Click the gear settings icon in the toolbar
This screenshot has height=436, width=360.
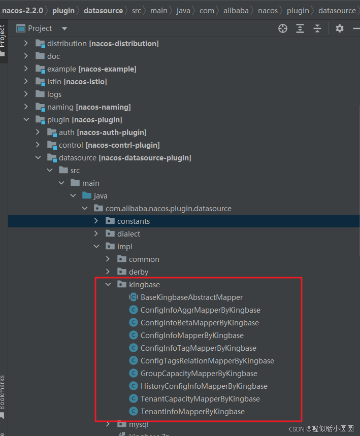[x=339, y=28]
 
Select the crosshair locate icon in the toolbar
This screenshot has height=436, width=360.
[x=283, y=28]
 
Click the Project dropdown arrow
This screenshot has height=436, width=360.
[x=64, y=28]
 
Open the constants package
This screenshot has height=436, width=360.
[x=134, y=221]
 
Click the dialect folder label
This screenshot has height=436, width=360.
[x=128, y=234]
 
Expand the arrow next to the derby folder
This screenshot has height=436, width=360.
[x=108, y=272]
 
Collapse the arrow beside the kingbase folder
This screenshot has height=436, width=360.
[x=108, y=284]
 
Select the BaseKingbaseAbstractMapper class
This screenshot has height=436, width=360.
[x=191, y=297]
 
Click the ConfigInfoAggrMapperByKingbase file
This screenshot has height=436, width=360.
[x=200, y=310]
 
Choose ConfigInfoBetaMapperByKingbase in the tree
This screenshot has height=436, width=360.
[x=200, y=322]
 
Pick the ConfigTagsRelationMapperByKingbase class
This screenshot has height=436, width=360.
[x=207, y=361]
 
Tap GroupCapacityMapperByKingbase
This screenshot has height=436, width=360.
[x=199, y=374]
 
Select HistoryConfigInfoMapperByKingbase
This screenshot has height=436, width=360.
[x=204, y=386]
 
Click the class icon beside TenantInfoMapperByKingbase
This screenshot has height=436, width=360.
[x=134, y=411]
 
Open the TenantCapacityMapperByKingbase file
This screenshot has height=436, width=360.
[x=200, y=399]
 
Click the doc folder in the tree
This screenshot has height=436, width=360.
[x=53, y=56]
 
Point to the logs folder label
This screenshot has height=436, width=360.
[x=54, y=94]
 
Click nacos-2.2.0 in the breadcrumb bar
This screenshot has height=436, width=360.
[x=22, y=11]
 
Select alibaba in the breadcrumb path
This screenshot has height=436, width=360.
[x=236, y=11]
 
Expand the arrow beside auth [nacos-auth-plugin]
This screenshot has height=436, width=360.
[x=38, y=132]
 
